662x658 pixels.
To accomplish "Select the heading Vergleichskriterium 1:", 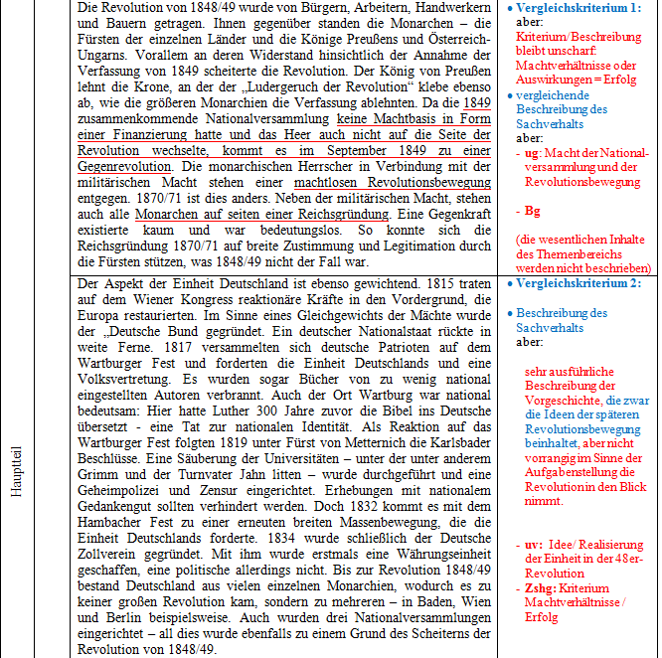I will pyautogui.click(x=578, y=8).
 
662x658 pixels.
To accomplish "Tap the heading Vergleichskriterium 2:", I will pyautogui.click(x=578, y=285).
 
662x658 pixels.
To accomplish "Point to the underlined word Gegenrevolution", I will pyautogui.click(x=123, y=166).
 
